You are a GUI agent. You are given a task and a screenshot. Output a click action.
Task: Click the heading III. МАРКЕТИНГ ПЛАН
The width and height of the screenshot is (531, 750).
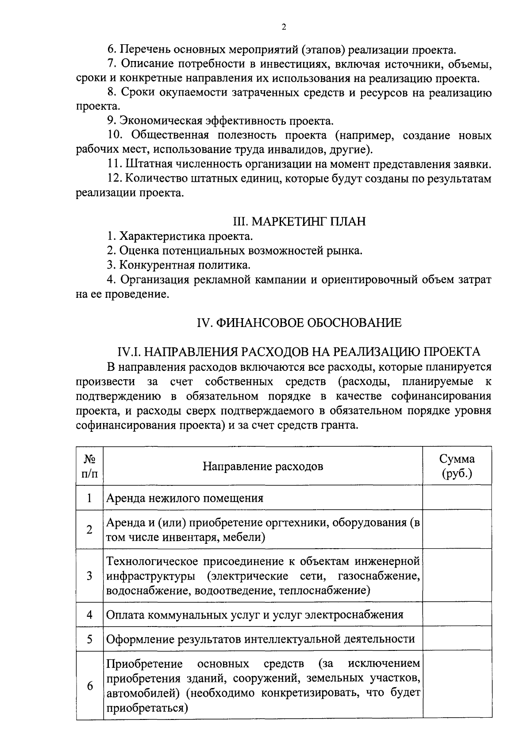tap(300, 221)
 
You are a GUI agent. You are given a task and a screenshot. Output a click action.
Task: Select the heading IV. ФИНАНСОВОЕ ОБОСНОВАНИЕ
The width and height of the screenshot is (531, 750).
tap(299, 323)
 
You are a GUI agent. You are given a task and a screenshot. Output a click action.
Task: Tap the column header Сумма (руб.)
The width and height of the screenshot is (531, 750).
tap(457, 466)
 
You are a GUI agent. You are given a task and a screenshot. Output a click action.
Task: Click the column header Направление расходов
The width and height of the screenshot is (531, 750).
tap(263, 466)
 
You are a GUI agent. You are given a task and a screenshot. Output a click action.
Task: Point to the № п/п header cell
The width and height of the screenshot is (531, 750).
tap(89, 466)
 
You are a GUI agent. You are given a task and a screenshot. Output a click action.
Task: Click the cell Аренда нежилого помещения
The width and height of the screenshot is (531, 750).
tap(185, 498)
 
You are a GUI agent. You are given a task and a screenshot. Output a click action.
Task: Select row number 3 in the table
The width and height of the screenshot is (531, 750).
tap(89, 576)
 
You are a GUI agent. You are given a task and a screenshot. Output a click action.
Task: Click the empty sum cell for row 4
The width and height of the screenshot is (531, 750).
tap(457, 614)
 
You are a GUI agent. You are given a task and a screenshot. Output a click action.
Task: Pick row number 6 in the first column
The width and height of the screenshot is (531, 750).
tap(90, 686)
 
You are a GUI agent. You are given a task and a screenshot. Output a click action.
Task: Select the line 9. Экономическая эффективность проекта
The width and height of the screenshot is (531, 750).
tap(220, 121)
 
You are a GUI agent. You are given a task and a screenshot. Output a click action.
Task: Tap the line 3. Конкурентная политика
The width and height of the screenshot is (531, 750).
tap(179, 265)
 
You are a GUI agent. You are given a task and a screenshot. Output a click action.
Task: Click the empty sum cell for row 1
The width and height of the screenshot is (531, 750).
tap(457, 498)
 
